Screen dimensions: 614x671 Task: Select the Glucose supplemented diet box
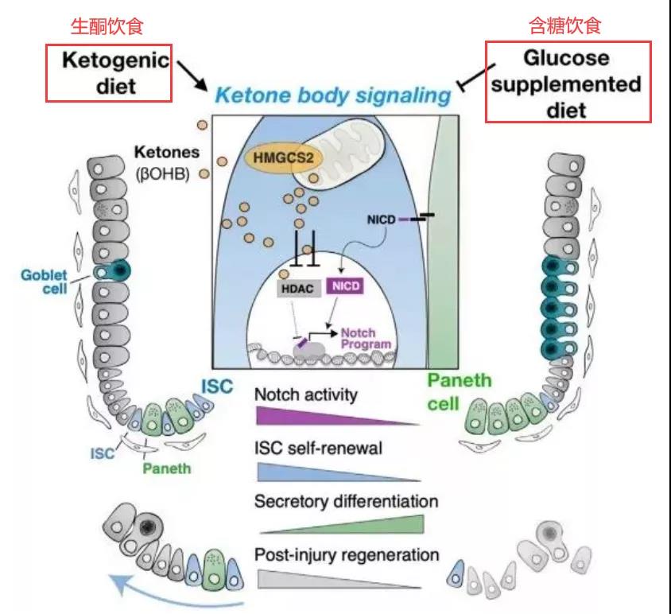[568, 83]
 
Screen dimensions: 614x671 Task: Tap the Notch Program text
[365, 339]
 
